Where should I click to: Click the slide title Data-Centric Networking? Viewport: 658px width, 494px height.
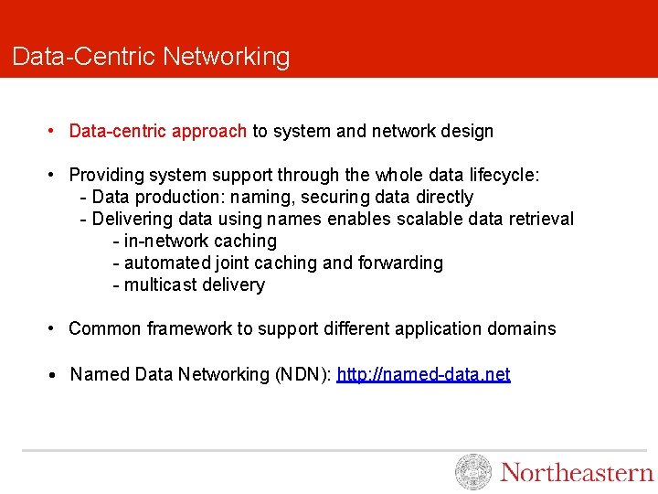(x=151, y=57)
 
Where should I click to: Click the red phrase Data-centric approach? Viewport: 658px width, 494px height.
(x=158, y=131)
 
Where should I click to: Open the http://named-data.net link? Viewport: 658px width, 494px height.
(x=423, y=374)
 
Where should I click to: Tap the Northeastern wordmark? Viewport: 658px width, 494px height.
(x=577, y=472)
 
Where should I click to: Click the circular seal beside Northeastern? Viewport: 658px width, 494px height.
(x=473, y=472)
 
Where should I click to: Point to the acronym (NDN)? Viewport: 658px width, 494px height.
(x=302, y=374)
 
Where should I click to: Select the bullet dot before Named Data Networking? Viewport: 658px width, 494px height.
(x=55, y=375)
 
